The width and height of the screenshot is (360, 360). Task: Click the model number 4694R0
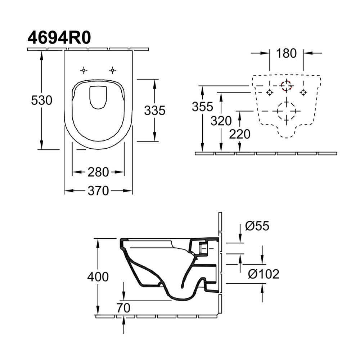[58, 38]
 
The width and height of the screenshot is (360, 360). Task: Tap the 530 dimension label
[41, 100]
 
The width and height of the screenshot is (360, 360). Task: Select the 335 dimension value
[154, 111]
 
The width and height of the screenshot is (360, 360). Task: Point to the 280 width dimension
[98, 172]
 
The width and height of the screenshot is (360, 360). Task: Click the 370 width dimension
[98, 191]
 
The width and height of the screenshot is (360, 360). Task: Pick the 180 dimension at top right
[286, 53]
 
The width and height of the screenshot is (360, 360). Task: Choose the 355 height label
[202, 107]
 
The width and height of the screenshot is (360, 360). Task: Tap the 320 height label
[221, 121]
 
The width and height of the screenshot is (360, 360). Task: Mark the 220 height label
[240, 134]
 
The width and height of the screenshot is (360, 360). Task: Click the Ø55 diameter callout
[257, 226]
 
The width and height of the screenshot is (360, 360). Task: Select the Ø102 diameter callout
[264, 274]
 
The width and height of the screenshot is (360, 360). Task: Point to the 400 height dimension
[98, 276]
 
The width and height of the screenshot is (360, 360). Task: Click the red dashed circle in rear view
[287, 85]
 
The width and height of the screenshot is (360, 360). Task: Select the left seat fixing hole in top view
[84, 70]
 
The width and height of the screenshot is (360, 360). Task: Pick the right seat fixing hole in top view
[113, 70]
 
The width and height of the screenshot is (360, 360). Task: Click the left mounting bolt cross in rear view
[269, 93]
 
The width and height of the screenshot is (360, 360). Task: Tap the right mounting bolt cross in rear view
[303, 93]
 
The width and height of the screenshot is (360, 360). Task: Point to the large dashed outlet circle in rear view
[286, 111]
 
